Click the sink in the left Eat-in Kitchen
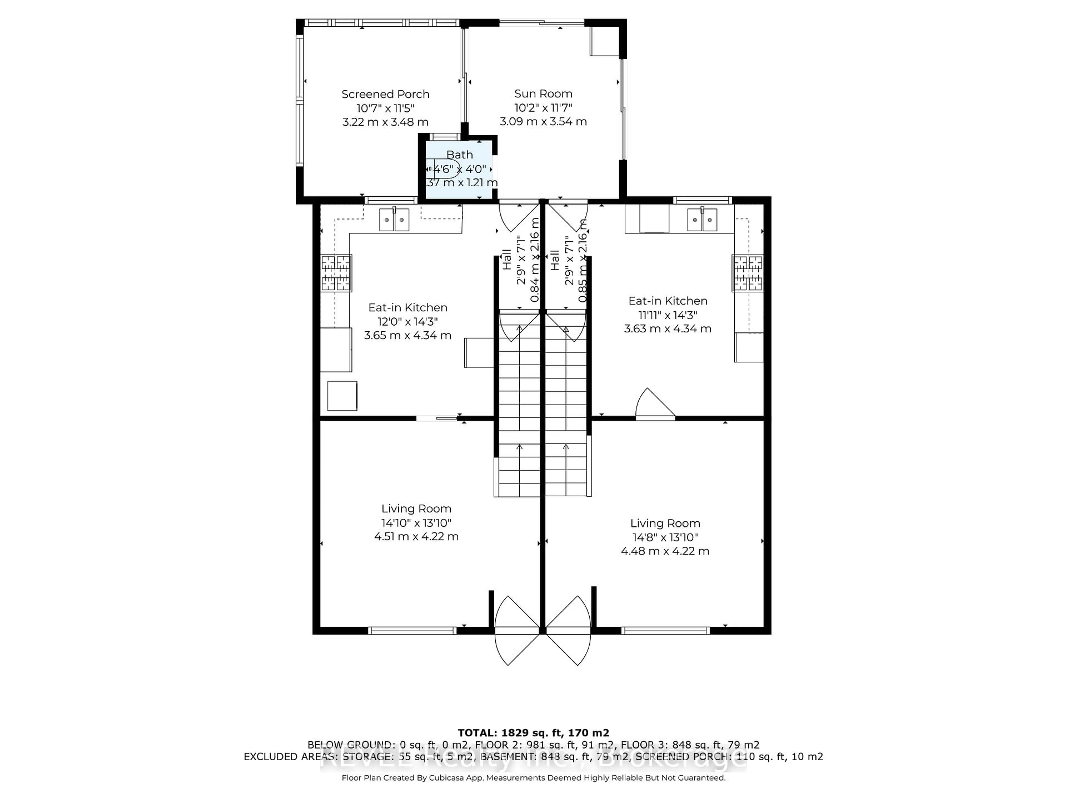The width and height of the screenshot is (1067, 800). click(x=394, y=220)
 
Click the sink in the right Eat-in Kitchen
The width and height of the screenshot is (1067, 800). click(x=702, y=220)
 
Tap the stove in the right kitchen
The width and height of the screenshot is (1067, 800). click(x=747, y=273)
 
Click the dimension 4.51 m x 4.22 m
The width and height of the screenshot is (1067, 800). click(x=416, y=536)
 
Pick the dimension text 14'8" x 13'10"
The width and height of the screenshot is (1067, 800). click(x=665, y=537)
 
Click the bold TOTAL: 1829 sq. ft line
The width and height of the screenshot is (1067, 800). click(x=533, y=733)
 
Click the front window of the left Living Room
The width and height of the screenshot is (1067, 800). click(x=412, y=630)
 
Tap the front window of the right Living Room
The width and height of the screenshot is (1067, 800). click(x=665, y=630)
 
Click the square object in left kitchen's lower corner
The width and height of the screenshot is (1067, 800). click(x=342, y=396)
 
